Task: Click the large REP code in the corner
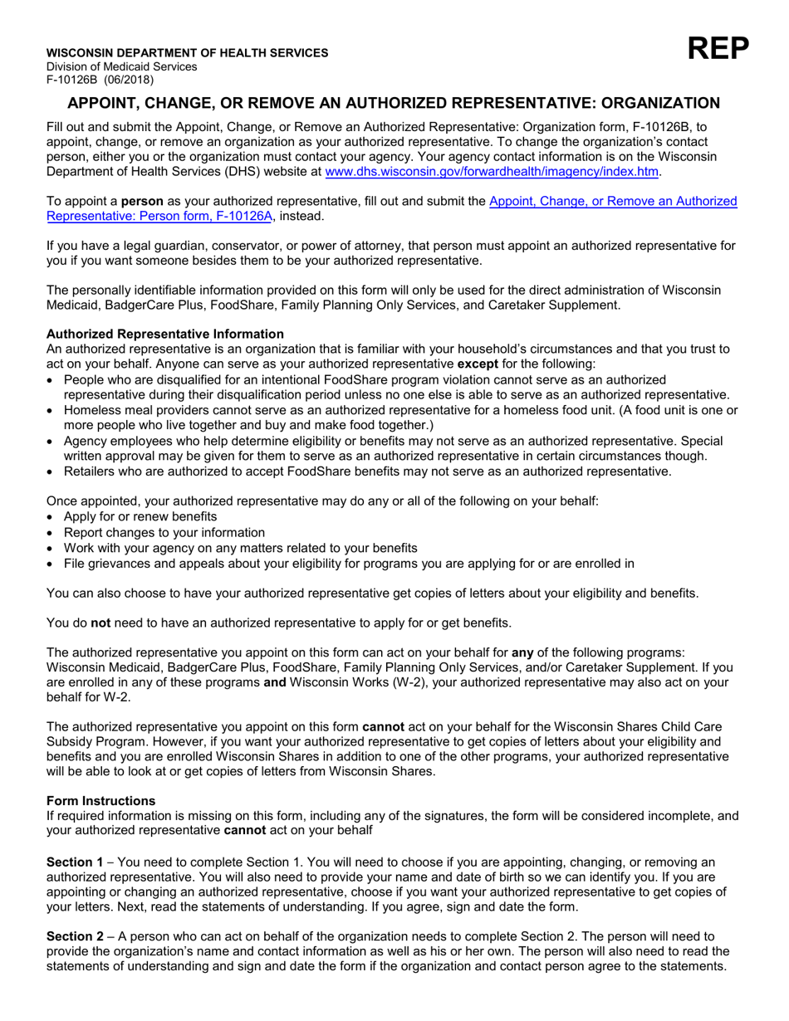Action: (718, 51)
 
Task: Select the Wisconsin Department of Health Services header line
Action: (187, 53)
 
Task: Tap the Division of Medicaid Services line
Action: (122, 66)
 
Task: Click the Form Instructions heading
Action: (100, 801)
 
